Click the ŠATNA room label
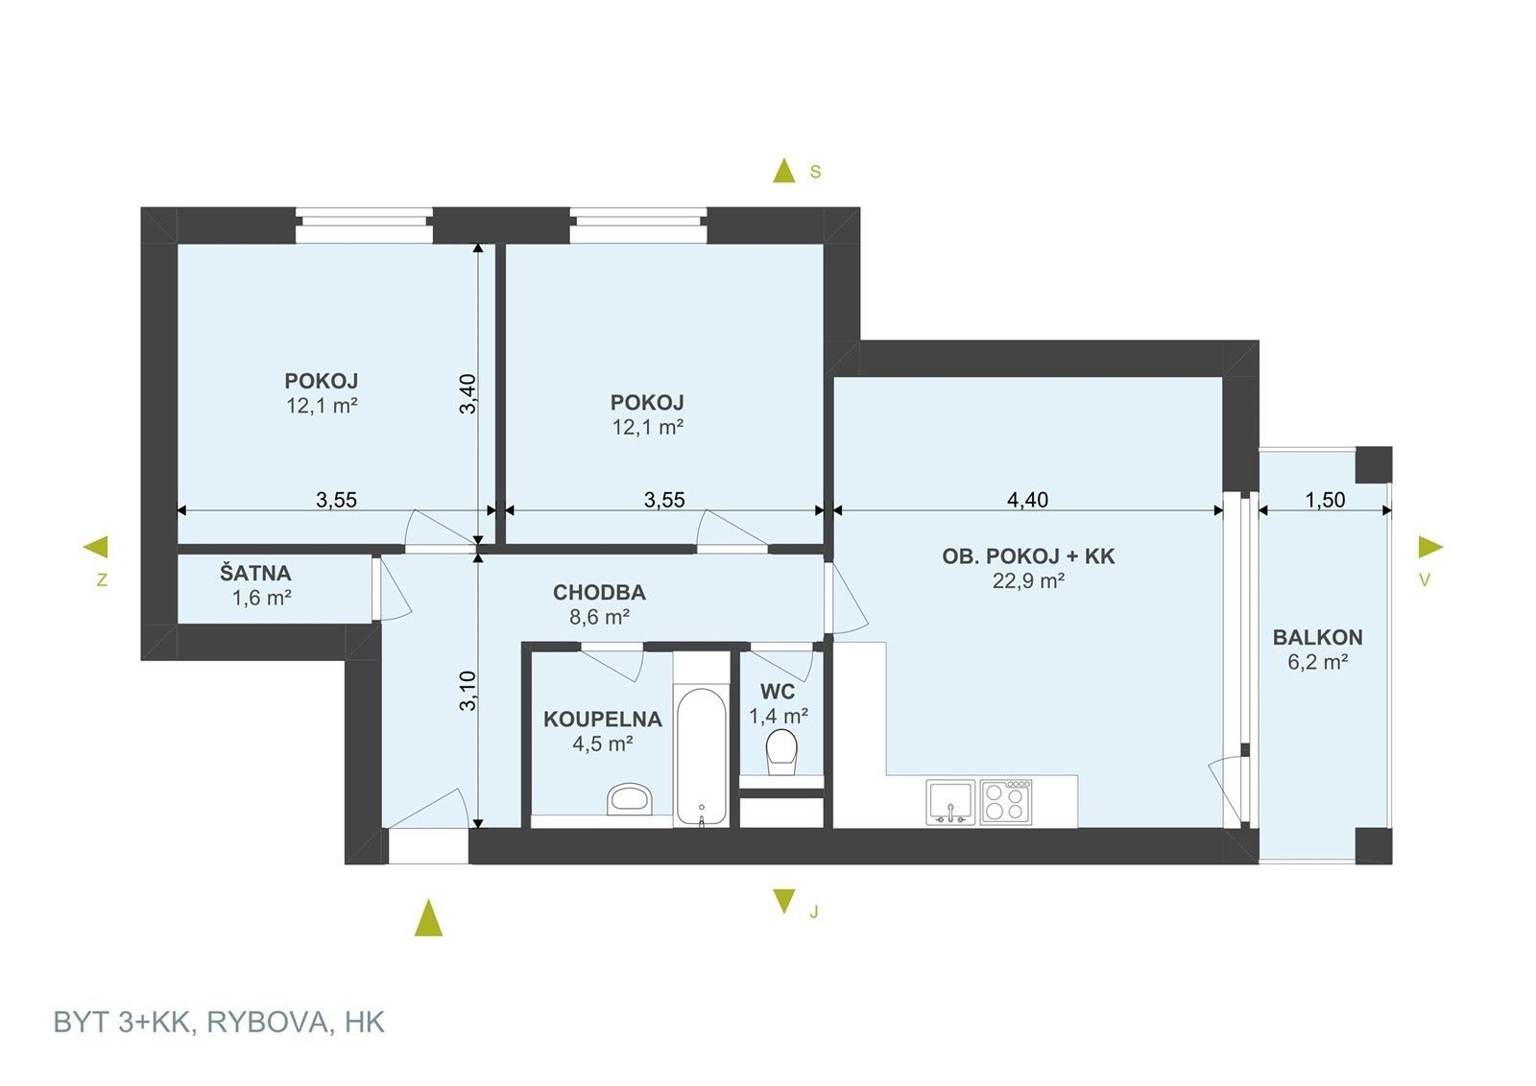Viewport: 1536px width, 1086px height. click(254, 574)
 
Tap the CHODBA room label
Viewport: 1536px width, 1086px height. click(599, 593)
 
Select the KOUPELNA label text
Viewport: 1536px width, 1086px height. click(602, 720)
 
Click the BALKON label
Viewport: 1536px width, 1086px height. click(1317, 637)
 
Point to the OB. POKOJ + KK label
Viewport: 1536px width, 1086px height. click(1028, 556)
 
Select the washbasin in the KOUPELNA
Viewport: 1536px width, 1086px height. click(630, 798)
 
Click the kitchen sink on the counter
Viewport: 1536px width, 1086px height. click(950, 802)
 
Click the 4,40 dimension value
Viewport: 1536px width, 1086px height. click(1027, 500)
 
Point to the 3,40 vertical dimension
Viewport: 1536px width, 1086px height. click(468, 393)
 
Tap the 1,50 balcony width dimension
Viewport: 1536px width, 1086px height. click(1325, 500)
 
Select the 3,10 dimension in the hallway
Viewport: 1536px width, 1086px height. click(468, 690)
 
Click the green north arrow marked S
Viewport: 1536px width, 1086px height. click(785, 171)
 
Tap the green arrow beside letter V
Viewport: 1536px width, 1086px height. click(1430, 548)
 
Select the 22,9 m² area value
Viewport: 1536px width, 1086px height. click(1028, 580)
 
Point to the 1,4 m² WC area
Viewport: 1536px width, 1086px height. click(778, 716)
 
